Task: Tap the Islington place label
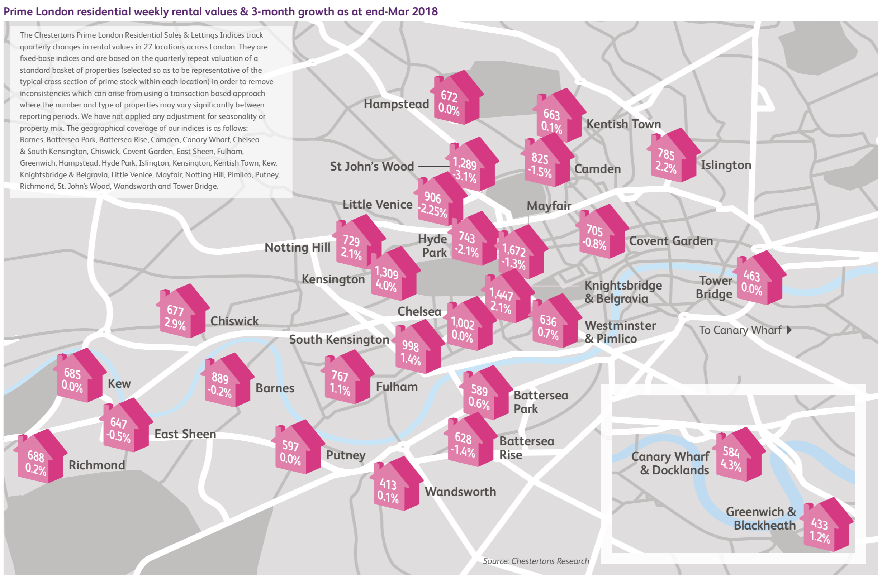(726, 165)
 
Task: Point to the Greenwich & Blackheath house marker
(827, 526)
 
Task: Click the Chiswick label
(234, 321)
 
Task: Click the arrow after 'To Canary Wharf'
(789, 330)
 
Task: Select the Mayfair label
(549, 206)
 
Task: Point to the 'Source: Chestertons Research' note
(536, 561)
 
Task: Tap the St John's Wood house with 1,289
(471, 166)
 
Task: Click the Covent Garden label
(671, 241)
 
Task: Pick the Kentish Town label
(623, 124)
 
